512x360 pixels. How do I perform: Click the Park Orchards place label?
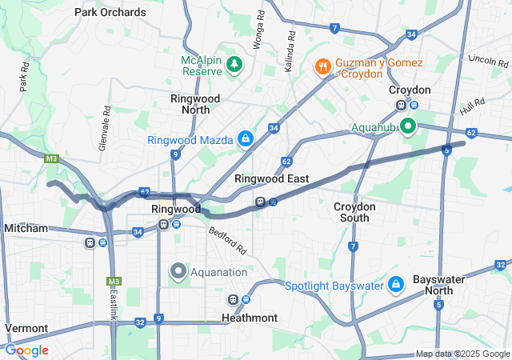click(110, 12)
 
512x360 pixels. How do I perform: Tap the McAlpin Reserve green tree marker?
click(234, 63)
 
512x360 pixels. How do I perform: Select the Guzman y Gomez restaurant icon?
click(324, 66)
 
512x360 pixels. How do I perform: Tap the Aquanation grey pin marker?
click(178, 271)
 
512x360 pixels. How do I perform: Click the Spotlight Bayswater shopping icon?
click(395, 284)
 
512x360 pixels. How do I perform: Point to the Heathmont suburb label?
click(250, 318)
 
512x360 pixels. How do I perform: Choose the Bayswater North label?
click(438, 286)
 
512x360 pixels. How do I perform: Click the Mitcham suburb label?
click(26, 228)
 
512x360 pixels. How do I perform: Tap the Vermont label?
click(26, 328)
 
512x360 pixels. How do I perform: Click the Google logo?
click(26, 350)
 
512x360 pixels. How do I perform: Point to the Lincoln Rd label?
click(482, 60)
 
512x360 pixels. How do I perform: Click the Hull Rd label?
click(473, 106)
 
